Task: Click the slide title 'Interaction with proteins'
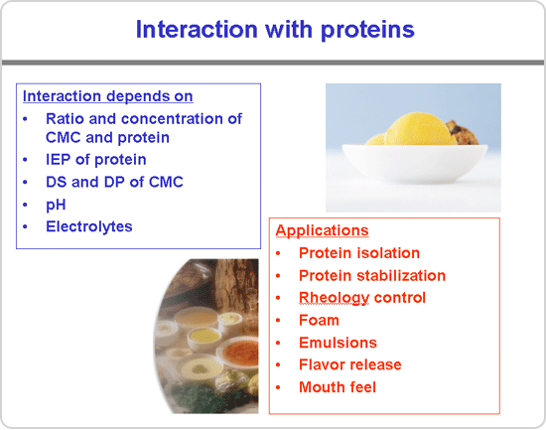[275, 30]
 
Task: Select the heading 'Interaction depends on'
[107, 96]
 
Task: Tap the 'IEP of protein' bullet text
[95, 160]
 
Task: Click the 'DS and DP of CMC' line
[114, 182]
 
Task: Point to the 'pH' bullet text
[56, 205]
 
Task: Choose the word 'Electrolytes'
[89, 226]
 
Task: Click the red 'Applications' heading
[322, 230]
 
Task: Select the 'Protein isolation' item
[359, 253]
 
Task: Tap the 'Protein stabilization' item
[372, 276]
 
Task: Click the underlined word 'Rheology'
[334, 298]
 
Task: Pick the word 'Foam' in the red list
[319, 320]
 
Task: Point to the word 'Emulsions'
[338, 343]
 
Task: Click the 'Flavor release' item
[350, 364]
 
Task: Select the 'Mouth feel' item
[338, 387]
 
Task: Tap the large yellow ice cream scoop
[420, 130]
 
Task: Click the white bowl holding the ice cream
[414, 163]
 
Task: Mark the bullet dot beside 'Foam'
[278, 321]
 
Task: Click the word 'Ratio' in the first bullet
[66, 119]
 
